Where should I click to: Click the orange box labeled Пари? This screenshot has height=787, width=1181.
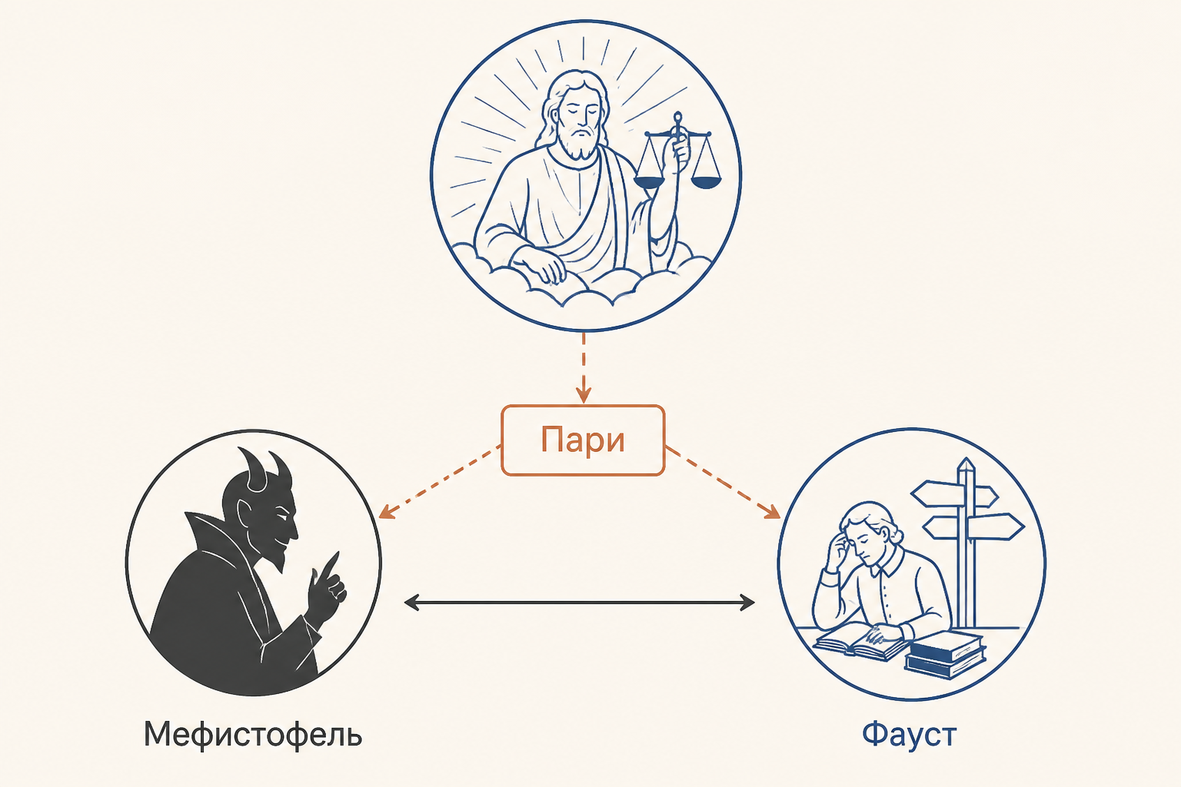point(583,440)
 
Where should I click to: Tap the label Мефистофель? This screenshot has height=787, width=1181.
point(253,734)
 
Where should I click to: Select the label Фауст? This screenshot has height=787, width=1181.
point(910,734)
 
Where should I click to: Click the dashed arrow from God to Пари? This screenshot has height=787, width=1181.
point(583,367)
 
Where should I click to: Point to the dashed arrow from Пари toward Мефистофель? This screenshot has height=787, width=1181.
point(440,482)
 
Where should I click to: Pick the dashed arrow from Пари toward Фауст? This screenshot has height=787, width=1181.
point(723,482)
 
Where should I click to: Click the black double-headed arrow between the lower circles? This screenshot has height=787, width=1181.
point(580,602)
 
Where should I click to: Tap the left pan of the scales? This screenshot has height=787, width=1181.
point(649,181)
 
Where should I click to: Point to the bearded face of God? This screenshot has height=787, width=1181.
point(579,124)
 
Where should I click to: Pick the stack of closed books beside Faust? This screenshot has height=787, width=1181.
point(945,656)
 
